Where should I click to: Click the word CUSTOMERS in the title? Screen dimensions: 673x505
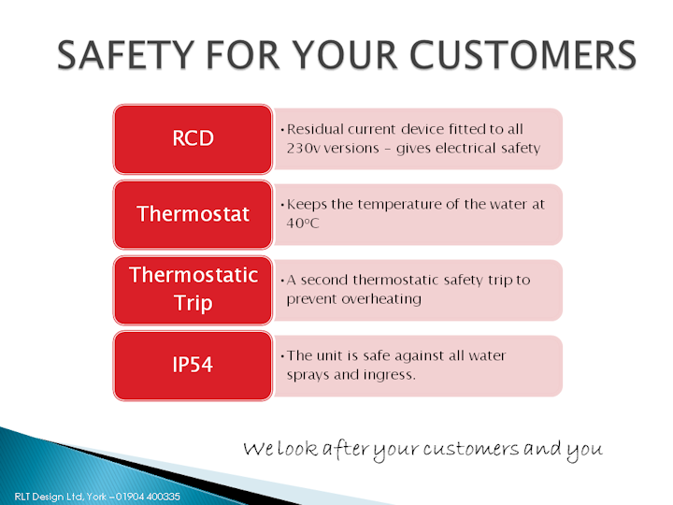pyautogui.click(x=523, y=55)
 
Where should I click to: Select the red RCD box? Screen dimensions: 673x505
pyautogui.click(x=193, y=138)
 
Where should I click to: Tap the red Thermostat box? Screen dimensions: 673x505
pyautogui.click(x=193, y=214)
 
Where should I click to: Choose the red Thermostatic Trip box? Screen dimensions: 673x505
pyautogui.click(x=193, y=290)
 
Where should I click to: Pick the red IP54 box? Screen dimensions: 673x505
pyautogui.click(x=193, y=366)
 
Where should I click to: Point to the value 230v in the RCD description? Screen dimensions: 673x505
pyautogui.click(x=303, y=148)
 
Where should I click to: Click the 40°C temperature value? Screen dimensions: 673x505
pyautogui.click(x=303, y=224)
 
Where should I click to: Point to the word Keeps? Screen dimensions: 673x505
pyautogui.click(x=307, y=205)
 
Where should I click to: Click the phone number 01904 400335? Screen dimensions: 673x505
pyautogui.click(x=148, y=497)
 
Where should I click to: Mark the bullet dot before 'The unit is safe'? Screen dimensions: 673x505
pyautogui.click(x=282, y=356)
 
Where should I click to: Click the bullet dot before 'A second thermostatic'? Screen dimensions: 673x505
pyautogui.click(x=282, y=281)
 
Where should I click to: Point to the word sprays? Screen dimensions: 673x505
pyautogui.click(x=308, y=376)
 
